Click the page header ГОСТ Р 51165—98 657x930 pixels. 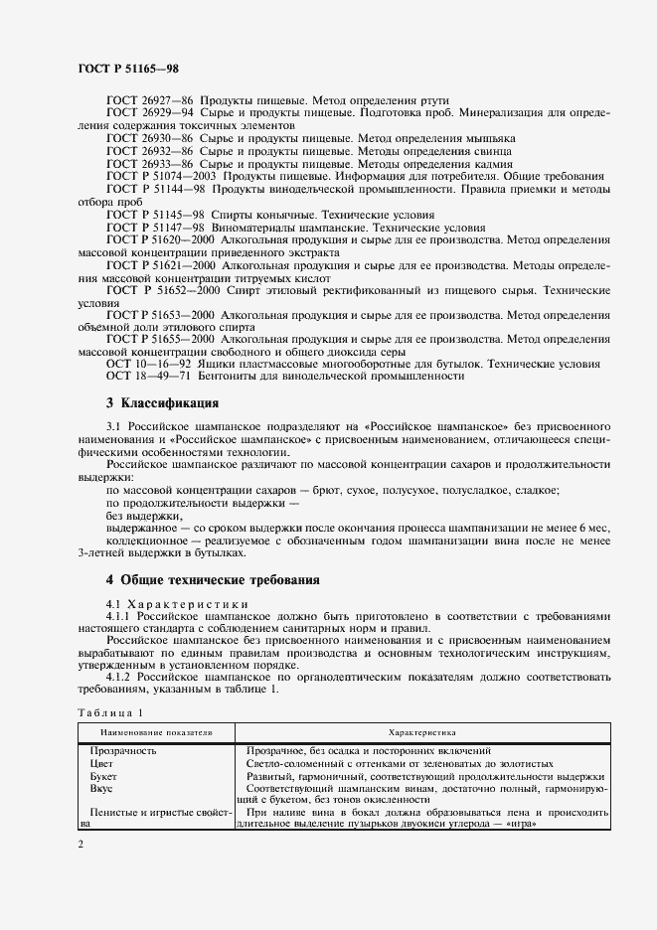(127, 69)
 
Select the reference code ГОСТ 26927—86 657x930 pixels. (150, 101)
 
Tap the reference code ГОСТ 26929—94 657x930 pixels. (150, 114)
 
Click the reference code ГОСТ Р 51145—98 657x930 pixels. (155, 215)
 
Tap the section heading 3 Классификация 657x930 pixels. (162, 404)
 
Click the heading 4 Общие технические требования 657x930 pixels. (212, 579)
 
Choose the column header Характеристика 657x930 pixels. (421, 732)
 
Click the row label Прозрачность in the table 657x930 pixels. (123, 751)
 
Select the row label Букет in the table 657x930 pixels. (103, 775)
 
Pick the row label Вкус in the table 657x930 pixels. (101, 787)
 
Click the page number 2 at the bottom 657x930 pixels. (80, 843)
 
